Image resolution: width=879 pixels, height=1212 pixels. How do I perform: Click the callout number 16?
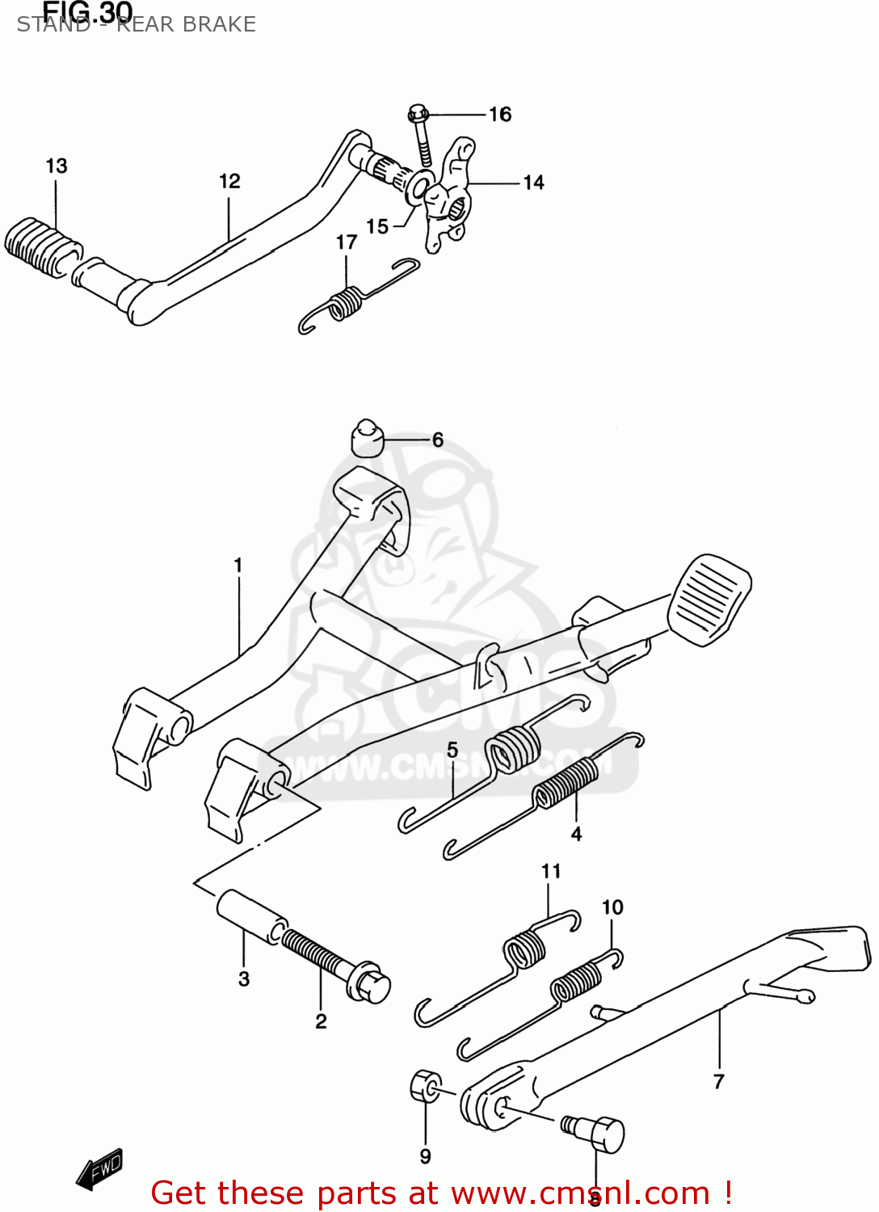(x=500, y=115)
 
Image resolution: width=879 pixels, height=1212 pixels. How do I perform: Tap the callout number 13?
(x=57, y=166)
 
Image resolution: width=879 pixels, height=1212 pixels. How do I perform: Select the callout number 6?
(x=438, y=440)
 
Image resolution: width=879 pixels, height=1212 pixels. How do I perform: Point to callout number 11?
(x=551, y=871)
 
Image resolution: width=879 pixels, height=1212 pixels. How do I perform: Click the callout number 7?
(x=719, y=1081)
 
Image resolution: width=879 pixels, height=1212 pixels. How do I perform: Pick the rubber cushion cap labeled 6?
(x=367, y=438)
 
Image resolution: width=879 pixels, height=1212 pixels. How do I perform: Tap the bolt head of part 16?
(x=418, y=112)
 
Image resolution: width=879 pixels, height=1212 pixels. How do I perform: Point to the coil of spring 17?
(x=347, y=302)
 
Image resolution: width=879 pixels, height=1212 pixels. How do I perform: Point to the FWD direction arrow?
(x=100, y=1168)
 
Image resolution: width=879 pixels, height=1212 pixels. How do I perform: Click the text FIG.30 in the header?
(x=87, y=11)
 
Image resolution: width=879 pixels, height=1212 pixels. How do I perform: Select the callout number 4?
(x=576, y=834)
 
